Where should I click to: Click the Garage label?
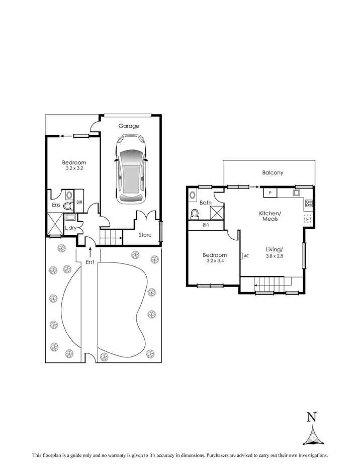click(129, 126)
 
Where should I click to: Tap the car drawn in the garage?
click(130, 169)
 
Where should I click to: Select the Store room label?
click(145, 234)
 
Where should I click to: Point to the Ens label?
click(56, 205)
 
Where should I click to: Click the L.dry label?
click(70, 228)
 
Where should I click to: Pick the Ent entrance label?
click(89, 262)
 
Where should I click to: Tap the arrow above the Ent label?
click(89, 250)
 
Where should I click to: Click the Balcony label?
click(273, 173)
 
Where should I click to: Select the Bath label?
click(205, 203)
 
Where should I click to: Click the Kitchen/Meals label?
click(270, 217)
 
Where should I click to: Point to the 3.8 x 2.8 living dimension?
click(275, 256)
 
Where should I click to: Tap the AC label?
click(246, 256)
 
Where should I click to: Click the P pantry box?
click(269, 193)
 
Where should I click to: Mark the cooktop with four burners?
click(309, 204)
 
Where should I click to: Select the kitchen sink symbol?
click(297, 193)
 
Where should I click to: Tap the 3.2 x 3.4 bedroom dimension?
click(215, 262)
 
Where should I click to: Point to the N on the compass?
click(312, 417)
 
